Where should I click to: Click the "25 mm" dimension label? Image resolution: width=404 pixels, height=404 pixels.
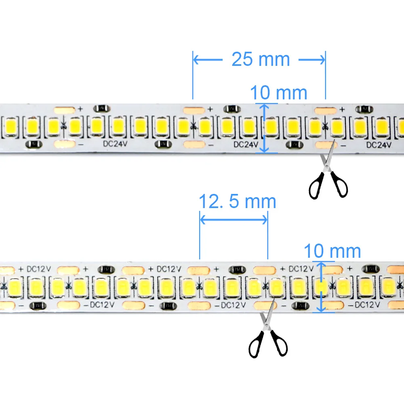[261, 59]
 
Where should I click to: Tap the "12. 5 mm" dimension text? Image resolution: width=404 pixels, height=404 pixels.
[238, 201]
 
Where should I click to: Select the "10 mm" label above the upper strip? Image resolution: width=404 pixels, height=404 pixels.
[279, 93]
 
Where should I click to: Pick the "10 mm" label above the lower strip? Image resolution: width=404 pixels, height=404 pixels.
[332, 251]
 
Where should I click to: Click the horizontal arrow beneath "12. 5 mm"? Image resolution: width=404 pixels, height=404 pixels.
[234, 219]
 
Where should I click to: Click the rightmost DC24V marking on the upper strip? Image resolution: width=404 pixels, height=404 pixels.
[379, 145]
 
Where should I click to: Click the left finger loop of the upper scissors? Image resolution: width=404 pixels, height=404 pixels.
[316, 186]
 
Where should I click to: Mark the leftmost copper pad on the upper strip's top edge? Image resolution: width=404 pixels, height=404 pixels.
[65, 109]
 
